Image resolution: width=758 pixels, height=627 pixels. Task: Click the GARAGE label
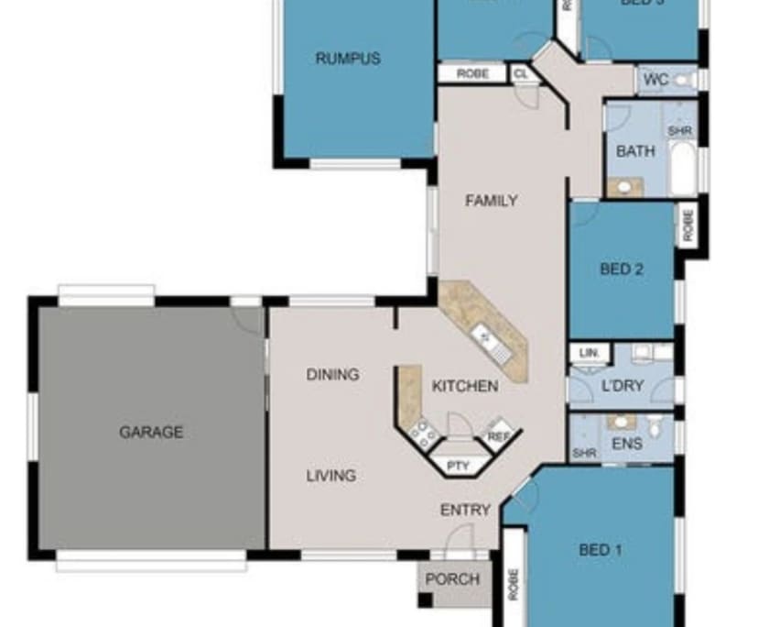coord(151,432)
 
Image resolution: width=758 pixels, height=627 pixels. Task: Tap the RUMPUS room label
coord(348,59)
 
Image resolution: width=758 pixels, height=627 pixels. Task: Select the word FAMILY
coord(492,201)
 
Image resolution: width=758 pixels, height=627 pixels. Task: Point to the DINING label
coord(332,374)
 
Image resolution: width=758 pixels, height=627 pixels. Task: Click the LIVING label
coord(330,476)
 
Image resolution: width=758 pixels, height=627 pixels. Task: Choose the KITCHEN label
coord(465,386)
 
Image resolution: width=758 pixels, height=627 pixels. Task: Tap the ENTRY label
coord(465,510)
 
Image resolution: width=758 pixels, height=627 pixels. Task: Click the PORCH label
coord(452,579)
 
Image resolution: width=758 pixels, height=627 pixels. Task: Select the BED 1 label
coord(601,550)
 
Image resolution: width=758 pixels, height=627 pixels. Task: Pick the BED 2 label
coord(622,269)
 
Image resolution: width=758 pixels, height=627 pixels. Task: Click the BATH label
coord(635,151)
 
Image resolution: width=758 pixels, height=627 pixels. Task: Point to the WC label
coord(655,81)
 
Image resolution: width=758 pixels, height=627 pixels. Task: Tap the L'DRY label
coord(623,386)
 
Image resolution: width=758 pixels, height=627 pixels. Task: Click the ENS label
coord(627,444)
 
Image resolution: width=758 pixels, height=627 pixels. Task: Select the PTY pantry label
coord(458,466)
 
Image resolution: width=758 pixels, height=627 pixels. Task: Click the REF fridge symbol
coord(498,436)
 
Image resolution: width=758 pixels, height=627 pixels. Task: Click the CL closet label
coord(520,73)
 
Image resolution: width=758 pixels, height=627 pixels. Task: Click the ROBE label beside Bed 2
coord(688,223)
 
